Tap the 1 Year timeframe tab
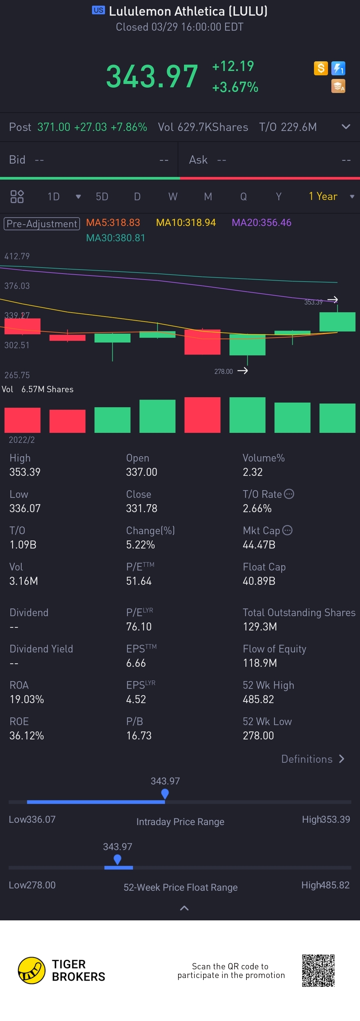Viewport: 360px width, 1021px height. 323,196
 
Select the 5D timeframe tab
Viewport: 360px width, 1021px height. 102,197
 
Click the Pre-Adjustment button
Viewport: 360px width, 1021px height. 42,224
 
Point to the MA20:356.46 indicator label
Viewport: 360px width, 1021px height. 261,222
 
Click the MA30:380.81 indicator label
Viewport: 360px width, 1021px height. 115,238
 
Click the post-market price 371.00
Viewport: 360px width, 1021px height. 54,127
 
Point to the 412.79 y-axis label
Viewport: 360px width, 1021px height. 17,256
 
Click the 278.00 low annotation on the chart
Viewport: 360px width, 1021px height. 223,372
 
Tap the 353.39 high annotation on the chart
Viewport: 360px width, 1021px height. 313,302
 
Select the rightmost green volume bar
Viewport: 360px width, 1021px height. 337,418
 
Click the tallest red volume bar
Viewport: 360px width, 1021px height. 202,415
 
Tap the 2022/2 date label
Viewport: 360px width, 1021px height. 22,440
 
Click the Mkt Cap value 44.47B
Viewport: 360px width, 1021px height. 259,544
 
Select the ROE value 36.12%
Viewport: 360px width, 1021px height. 27,736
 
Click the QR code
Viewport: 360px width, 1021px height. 318,970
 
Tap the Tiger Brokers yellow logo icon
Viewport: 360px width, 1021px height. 31,970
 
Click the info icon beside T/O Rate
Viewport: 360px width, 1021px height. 289,494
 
